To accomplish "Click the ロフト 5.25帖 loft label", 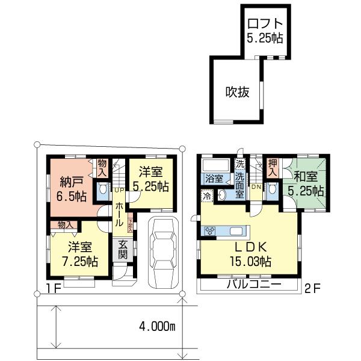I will [264, 30].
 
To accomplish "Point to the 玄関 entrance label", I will [122, 249].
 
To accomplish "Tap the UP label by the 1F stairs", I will [119, 190].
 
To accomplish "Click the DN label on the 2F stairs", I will [256, 188].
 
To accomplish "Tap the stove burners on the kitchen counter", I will [211, 230].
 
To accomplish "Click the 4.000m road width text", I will [156, 327].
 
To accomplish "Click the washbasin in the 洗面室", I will [222, 194].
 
